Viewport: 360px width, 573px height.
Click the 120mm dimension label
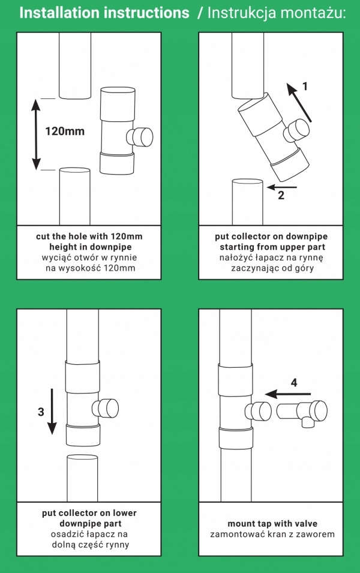65,131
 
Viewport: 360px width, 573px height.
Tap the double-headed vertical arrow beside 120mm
35,134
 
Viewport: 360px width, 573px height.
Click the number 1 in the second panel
305,86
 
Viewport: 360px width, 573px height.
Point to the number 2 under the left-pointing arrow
281,194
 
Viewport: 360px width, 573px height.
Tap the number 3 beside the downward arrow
41,412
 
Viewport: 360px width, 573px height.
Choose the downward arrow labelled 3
52,411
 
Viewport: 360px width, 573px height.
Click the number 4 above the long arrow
293,382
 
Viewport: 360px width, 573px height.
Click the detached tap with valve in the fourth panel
303,413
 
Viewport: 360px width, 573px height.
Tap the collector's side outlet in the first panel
139,137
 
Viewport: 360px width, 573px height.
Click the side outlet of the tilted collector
296,131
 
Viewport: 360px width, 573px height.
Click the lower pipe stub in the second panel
247,201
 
